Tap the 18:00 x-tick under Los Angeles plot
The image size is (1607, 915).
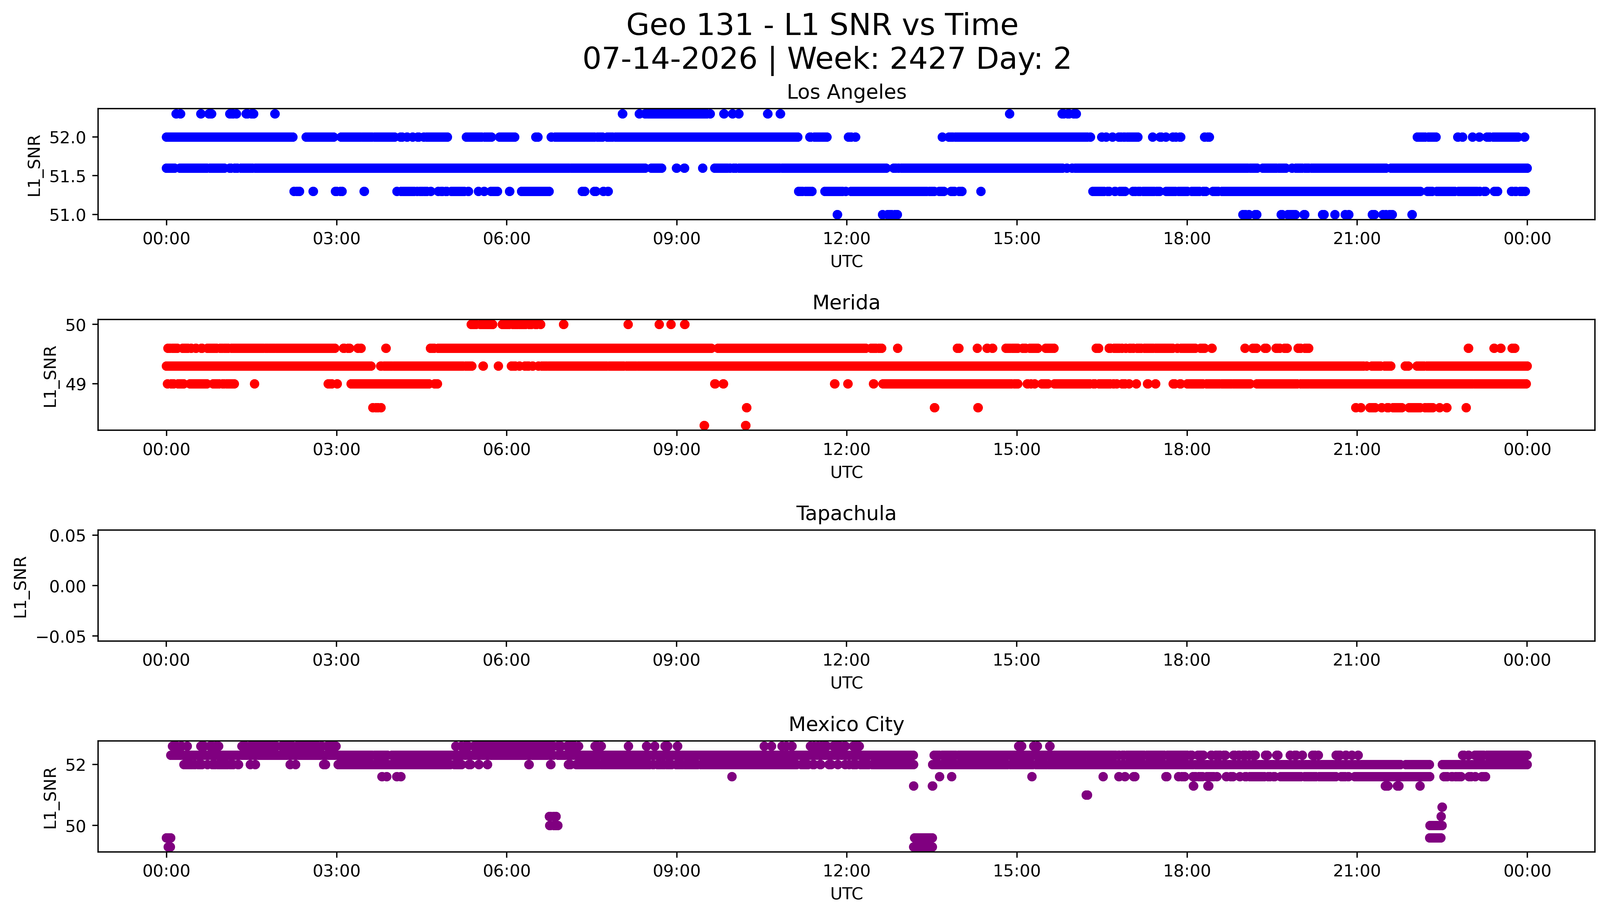[x=1187, y=239]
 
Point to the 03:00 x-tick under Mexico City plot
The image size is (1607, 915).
[x=336, y=871]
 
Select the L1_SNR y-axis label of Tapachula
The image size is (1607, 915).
[x=21, y=586]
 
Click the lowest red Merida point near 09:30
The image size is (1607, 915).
[x=705, y=425]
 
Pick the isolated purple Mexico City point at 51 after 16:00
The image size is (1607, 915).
[x=1087, y=795]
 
